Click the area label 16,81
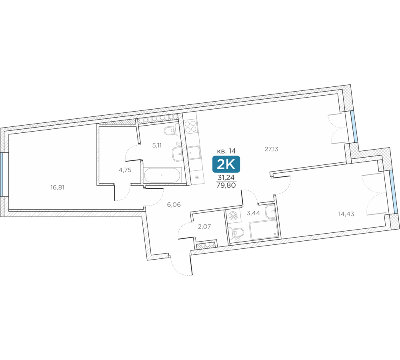(x=58, y=187)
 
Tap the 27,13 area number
(x=271, y=149)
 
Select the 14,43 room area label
(x=346, y=214)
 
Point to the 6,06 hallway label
(x=174, y=204)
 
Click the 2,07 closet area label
(x=204, y=226)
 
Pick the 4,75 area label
(x=125, y=170)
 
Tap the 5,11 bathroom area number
(x=157, y=145)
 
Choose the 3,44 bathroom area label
(x=253, y=213)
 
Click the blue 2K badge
(x=226, y=164)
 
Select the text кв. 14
(x=226, y=151)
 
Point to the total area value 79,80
(x=226, y=185)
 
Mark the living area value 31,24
(x=226, y=177)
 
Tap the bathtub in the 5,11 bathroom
(x=162, y=175)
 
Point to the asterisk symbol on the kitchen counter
(x=197, y=176)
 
